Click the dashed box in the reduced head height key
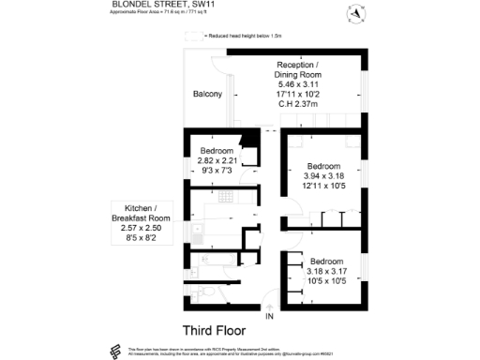pos(194,36)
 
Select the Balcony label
pos(207,94)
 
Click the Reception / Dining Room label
pos(298,68)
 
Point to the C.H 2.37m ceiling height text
pos(298,104)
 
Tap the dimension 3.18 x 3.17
pos(327,271)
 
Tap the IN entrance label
pos(269,317)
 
